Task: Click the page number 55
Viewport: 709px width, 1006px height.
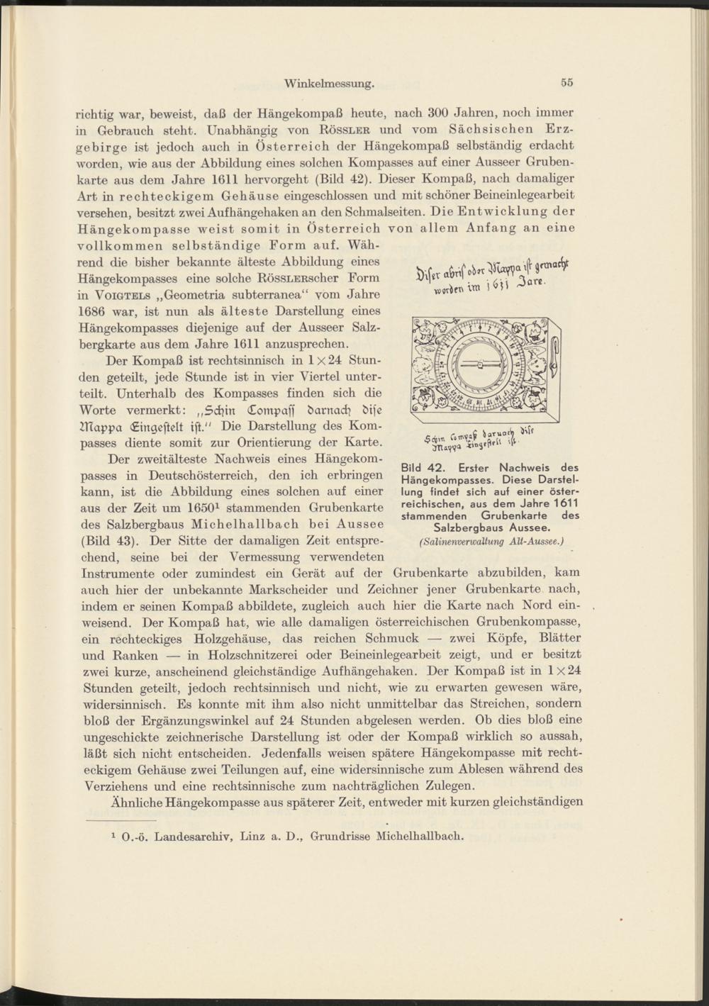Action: pos(566,82)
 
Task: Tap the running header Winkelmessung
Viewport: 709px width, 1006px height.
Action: pos(329,83)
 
